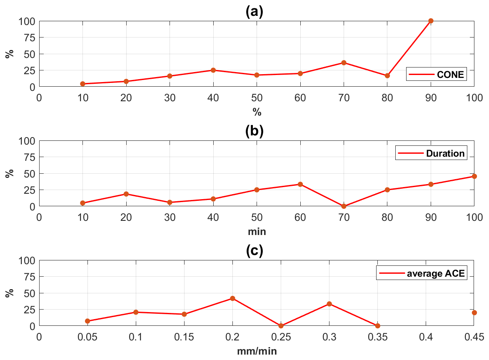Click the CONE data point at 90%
[431, 21]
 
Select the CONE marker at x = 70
[344, 62]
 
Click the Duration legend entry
[431, 153]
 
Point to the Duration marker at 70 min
[344, 206]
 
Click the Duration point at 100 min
[474, 176]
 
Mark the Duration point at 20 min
[126, 194]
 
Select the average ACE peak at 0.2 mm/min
[232, 298]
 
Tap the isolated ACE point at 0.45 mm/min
[474, 312]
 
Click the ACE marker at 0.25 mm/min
[281, 325]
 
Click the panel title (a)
[254, 11]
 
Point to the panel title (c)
[254, 251]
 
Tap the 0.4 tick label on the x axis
[426, 336]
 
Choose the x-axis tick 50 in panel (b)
[257, 217]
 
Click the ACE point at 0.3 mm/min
[329, 304]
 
